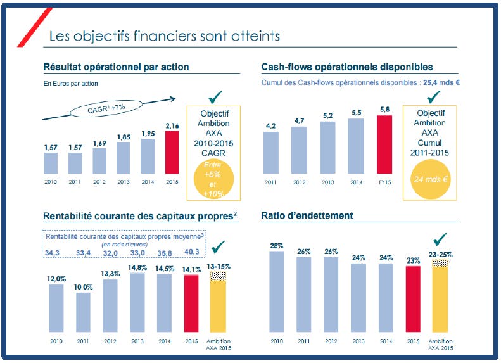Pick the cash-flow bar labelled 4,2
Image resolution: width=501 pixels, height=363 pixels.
tap(271, 153)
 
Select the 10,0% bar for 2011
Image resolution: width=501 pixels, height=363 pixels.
tap(82, 312)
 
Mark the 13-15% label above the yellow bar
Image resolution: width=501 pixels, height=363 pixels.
tap(219, 265)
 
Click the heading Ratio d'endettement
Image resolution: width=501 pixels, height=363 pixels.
tap(307, 215)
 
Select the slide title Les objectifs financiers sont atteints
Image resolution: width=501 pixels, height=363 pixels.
tap(165, 35)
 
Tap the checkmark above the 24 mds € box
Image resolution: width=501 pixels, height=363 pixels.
tap(434, 98)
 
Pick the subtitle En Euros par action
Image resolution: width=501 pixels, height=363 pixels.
tap(70, 83)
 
